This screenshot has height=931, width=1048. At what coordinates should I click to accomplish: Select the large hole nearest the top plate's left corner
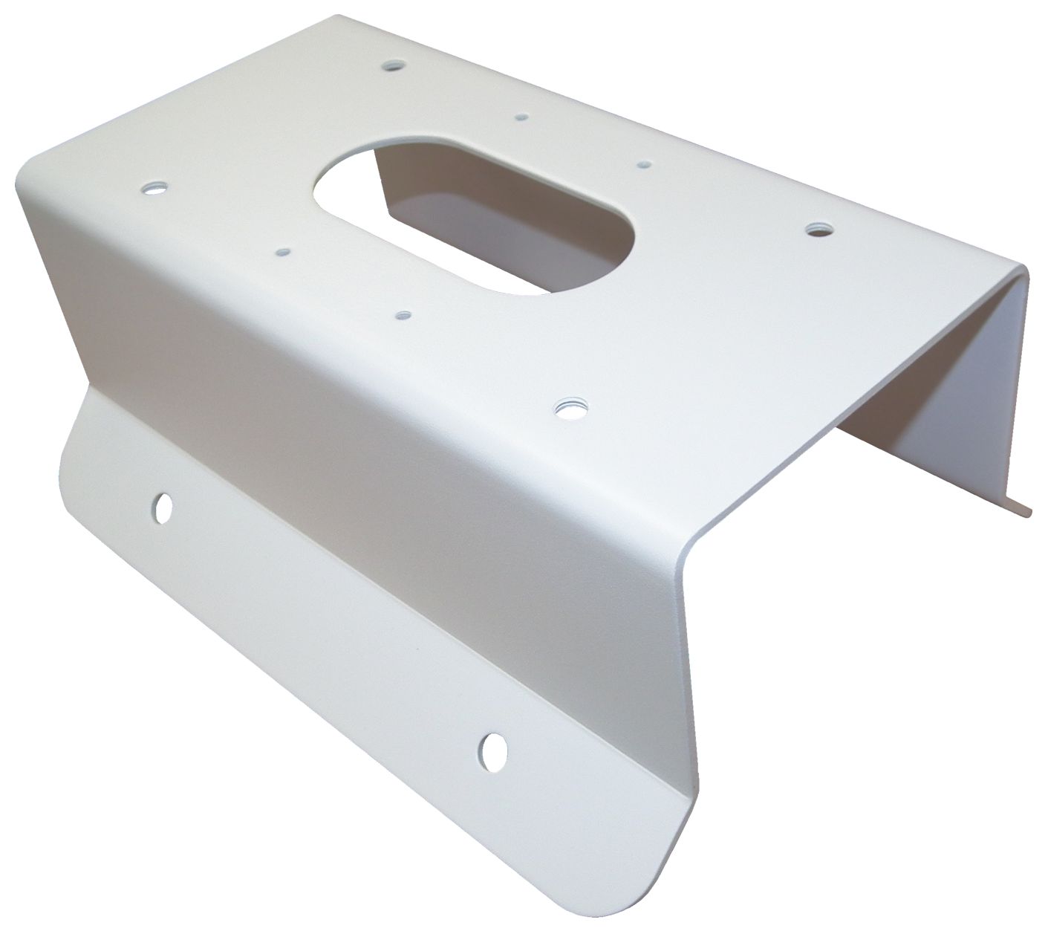point(155,187)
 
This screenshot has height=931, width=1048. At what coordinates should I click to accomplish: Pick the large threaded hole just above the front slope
point(570,406)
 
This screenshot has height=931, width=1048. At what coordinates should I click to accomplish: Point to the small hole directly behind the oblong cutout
point(522,117)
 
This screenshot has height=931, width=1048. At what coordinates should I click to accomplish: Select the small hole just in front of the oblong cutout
point(403,315)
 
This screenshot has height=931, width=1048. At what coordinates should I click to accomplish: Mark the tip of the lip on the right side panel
point(1029,511)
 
